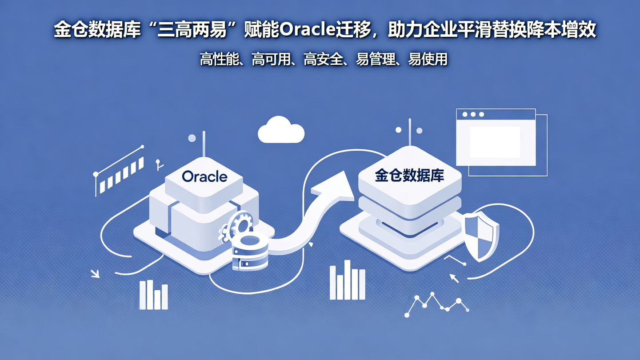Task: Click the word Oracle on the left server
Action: (204, 176)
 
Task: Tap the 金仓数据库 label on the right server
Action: (409, 176)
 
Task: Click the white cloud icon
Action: (281, 130)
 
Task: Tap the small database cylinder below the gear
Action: (250, 254)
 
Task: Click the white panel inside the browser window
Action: (495, 142)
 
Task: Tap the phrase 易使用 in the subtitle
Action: (428, 59)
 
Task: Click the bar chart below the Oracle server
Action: (153, 295)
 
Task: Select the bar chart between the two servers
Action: (347, 280)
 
